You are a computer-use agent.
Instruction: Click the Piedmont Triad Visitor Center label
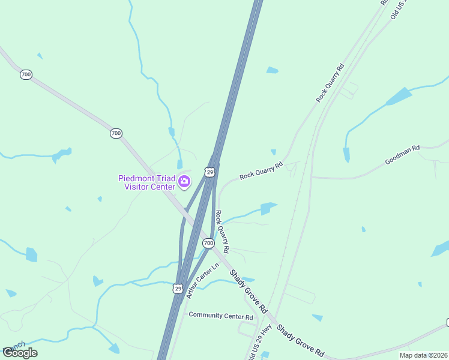[x=146, y=182]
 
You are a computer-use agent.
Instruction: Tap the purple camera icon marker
[x=184, y=180]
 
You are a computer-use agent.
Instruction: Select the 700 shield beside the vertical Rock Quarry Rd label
[x=208, y=243]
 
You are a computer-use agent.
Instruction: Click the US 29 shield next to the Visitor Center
[x=209, y=172]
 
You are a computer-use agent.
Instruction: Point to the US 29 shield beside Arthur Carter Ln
[x=177, y=289]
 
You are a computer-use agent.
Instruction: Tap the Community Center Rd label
[x=221, y=316]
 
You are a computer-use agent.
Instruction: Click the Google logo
[x=20, y=352]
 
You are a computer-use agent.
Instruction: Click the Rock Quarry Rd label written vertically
[x=222, y=231]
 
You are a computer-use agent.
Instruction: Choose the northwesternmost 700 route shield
[x=26, y=74]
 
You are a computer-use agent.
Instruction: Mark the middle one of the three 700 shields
[x=116, y=133]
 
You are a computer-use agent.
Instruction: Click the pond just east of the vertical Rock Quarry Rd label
[x=265, y=209]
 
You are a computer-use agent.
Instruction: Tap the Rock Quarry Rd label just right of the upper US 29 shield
[x=261, y=171]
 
